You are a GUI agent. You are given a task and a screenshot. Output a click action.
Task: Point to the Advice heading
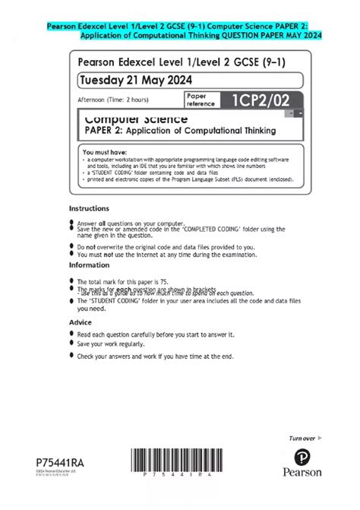click(81, 322)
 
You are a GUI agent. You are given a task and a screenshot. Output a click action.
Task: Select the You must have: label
click(103, 152)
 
